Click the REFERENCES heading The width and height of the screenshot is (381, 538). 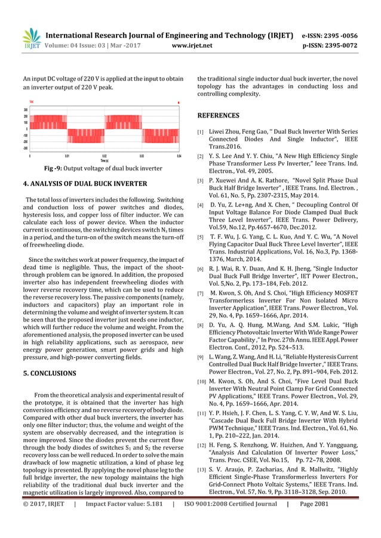(218, 115)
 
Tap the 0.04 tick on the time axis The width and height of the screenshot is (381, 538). (179, 155)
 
